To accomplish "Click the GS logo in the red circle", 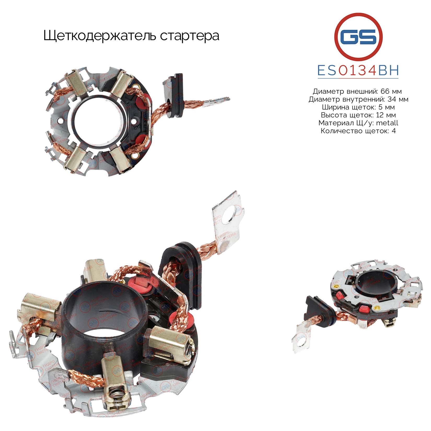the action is tap(358, 36).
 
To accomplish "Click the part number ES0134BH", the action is tap(358, 70).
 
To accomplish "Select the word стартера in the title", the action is tap(190, 36).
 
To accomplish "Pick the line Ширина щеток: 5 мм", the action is tap(358, 107).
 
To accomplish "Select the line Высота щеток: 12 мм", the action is tap(358, 115).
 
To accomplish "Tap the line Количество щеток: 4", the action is tap(358, 131).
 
